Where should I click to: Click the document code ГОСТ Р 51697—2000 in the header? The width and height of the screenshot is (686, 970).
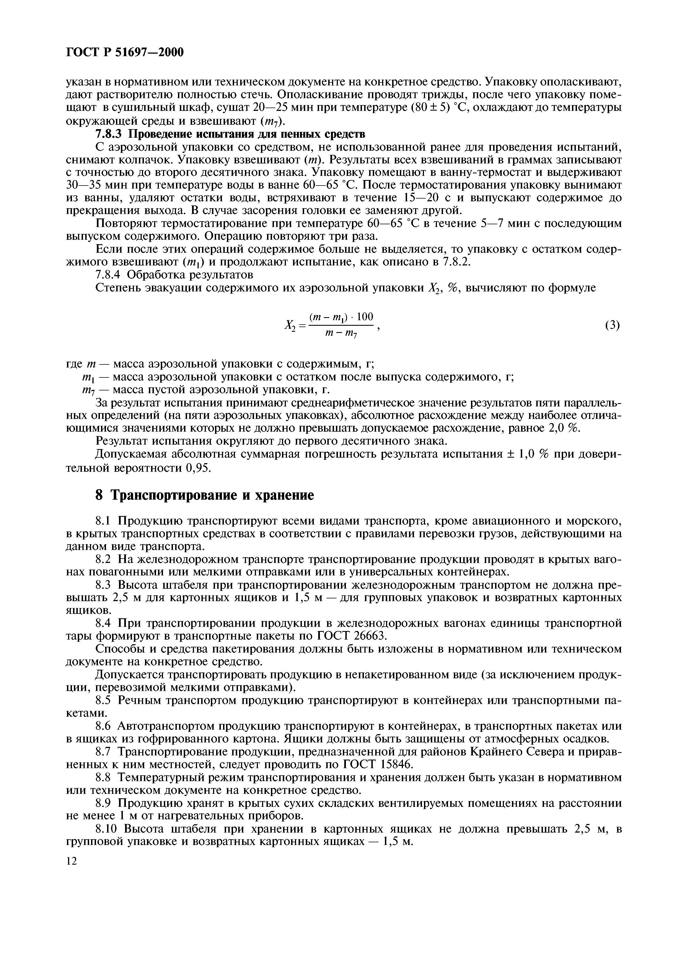point(125,52)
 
